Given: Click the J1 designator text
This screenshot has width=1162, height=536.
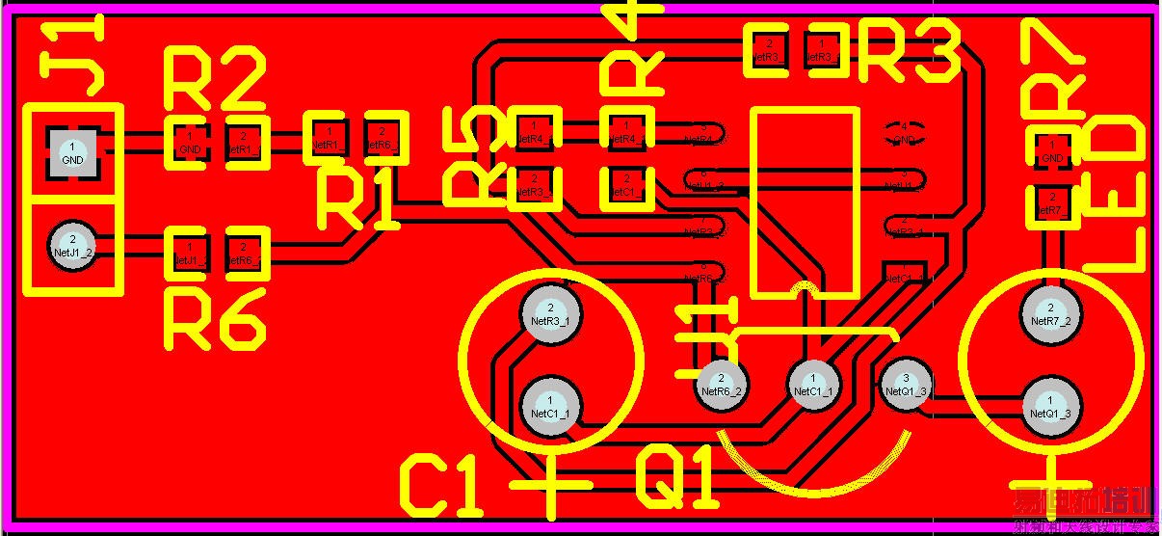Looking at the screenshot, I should click(x=72, y=60).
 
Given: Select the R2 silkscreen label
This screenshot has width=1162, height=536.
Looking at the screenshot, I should click(x=214, y=81).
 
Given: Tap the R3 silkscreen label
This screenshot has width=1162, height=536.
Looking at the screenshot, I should click(x=909, y=53).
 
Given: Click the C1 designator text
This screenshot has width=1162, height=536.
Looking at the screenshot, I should click(x=440, y=487).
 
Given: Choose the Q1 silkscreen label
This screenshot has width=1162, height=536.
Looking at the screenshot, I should click(x=677, y=479).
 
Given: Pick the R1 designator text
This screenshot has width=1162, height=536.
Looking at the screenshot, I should click(x=357, y=201).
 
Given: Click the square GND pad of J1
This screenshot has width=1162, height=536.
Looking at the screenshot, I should click(x=72, y=152).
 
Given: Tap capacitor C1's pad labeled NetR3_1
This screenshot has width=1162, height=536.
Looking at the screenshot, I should click(x=550, y=312).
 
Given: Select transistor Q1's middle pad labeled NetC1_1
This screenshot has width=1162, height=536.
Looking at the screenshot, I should click(x=813, y=384).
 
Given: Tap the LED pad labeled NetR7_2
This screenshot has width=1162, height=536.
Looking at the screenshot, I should click(x=1049, y=312).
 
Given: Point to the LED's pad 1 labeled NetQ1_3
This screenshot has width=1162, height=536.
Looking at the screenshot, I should click(x=1049, y=405).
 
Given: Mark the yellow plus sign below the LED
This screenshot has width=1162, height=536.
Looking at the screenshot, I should click(x=1049, y=479).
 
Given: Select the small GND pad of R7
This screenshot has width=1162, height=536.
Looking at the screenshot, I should click(x=1052, y=151).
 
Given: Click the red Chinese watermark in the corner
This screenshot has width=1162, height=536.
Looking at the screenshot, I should click(x=1084, y=511).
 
